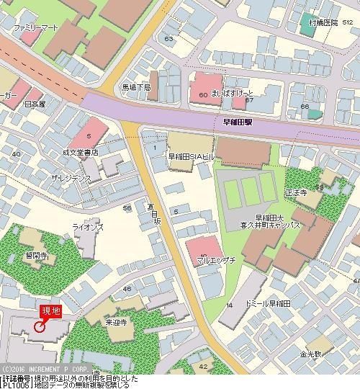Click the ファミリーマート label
[x=35, y=27]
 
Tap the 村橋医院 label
[x=323, y=22]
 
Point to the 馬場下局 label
[x=136, y=86]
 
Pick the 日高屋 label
[x=34, y=104]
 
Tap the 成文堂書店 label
[x=80, y=153]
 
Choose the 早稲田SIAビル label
[x=193, y=156]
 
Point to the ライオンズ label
[x=88, y=227]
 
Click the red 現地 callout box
[x=50, y=310]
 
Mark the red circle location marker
[x=40, y=326]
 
